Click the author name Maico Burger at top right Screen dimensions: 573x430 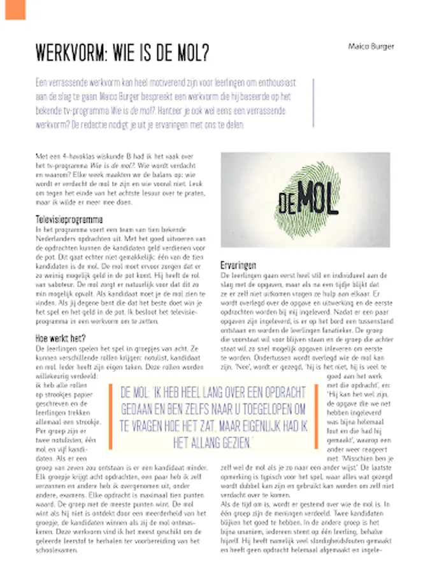[371, 46]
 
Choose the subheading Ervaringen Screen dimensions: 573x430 [238, 264]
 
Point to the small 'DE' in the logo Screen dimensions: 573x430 [286, 205]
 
